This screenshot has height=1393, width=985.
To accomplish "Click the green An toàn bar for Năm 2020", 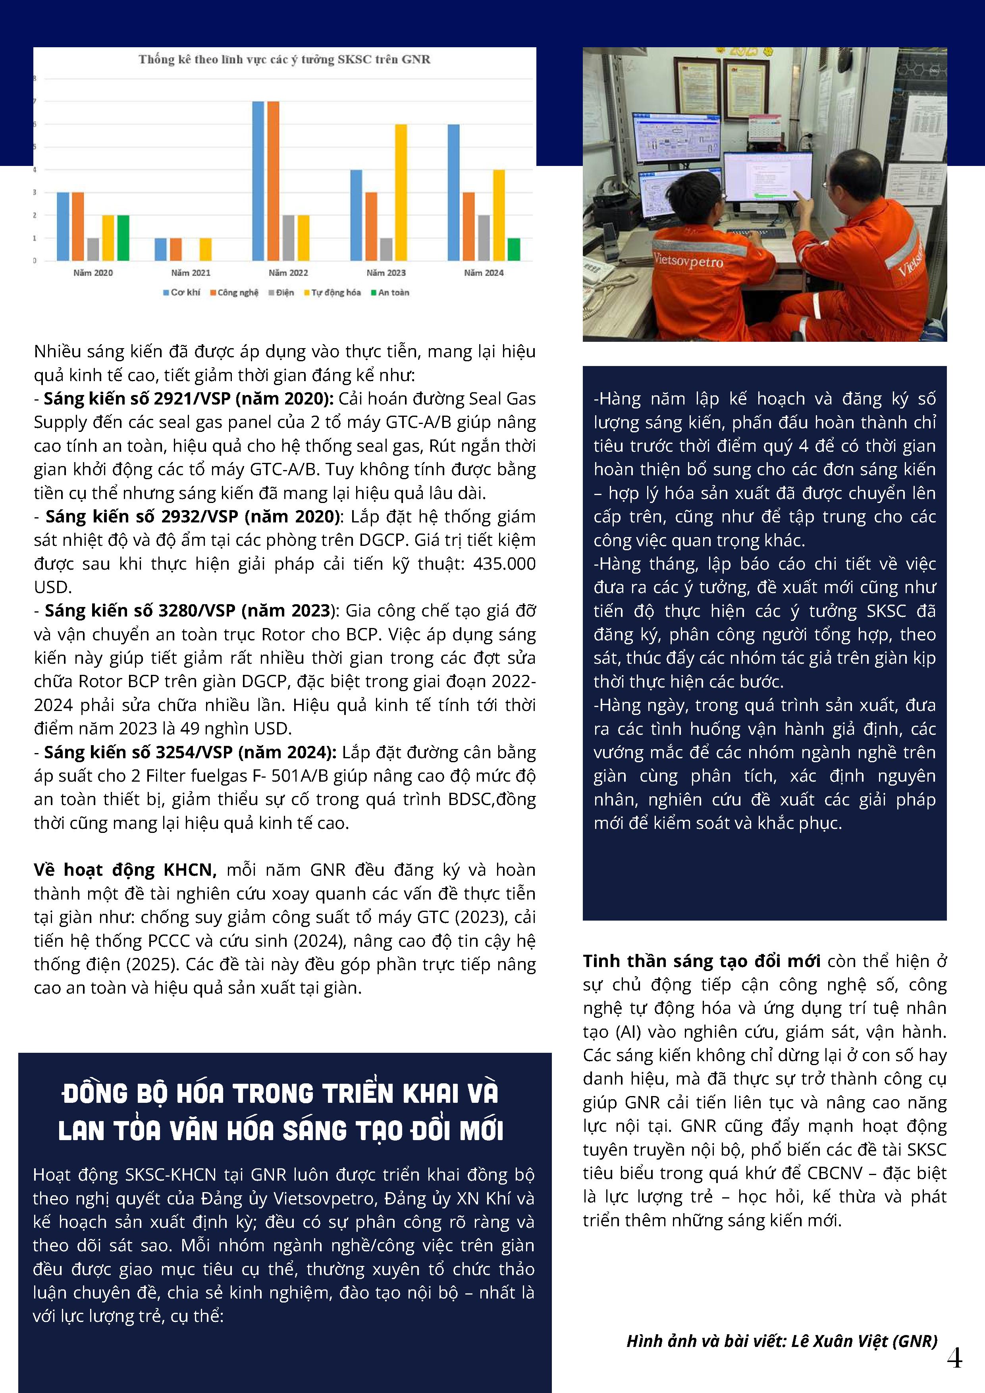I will [x=123, y=238].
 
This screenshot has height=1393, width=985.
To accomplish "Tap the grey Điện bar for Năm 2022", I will [x=288, y=238].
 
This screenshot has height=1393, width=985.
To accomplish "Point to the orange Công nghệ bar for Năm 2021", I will [x=175, y=249].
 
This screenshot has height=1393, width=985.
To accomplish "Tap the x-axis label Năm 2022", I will [x=288, y=273].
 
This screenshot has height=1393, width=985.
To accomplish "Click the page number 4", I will [x=954, y=1358].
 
